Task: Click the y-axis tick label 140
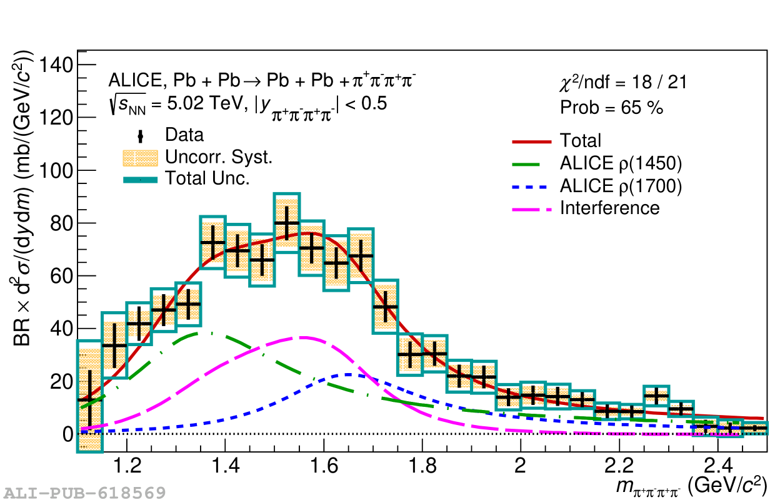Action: point(57,65)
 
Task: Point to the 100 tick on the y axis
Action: point(57,171)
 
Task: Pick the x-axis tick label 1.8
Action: point(422,468)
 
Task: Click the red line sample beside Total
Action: point(531,141)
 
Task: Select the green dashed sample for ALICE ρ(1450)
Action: point(531,164)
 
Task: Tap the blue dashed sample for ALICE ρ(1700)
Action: point(531,186)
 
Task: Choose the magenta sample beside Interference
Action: point(531,208)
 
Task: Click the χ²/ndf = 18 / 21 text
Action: point(622,82)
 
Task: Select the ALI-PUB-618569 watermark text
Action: point(83,493)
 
